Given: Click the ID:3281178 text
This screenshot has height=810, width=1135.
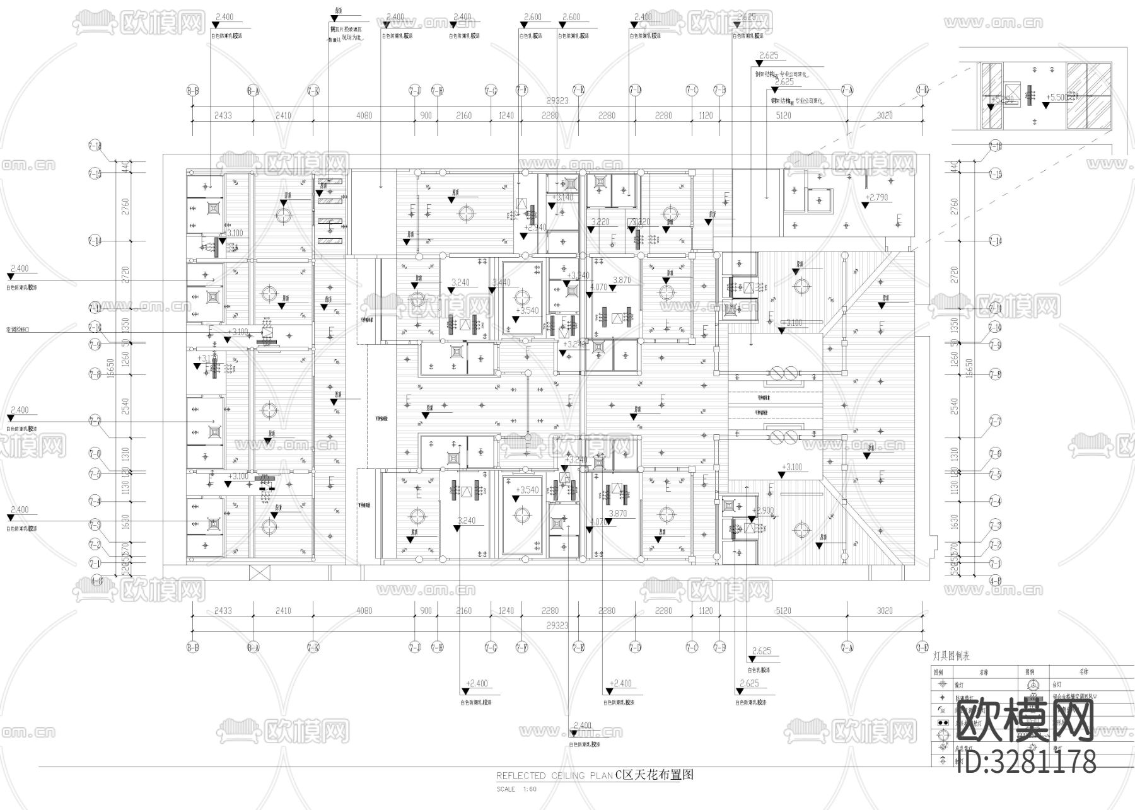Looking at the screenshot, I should tap(1026, 761).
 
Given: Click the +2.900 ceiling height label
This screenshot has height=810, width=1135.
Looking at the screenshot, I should tap(764, 510).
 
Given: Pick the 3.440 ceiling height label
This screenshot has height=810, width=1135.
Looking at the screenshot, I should tap(502, 282).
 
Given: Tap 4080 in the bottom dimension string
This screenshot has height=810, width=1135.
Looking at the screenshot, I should tap(364, 610).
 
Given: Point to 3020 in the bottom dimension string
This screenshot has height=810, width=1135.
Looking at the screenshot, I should tap(885, 610).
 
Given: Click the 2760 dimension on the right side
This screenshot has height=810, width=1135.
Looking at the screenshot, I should tap(954, 205).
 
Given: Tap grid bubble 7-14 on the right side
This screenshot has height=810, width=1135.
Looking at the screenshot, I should tap(995, 241).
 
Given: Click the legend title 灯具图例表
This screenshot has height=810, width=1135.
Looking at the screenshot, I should tap(952, 656).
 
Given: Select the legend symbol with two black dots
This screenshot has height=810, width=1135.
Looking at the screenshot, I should tap(943, 722).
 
